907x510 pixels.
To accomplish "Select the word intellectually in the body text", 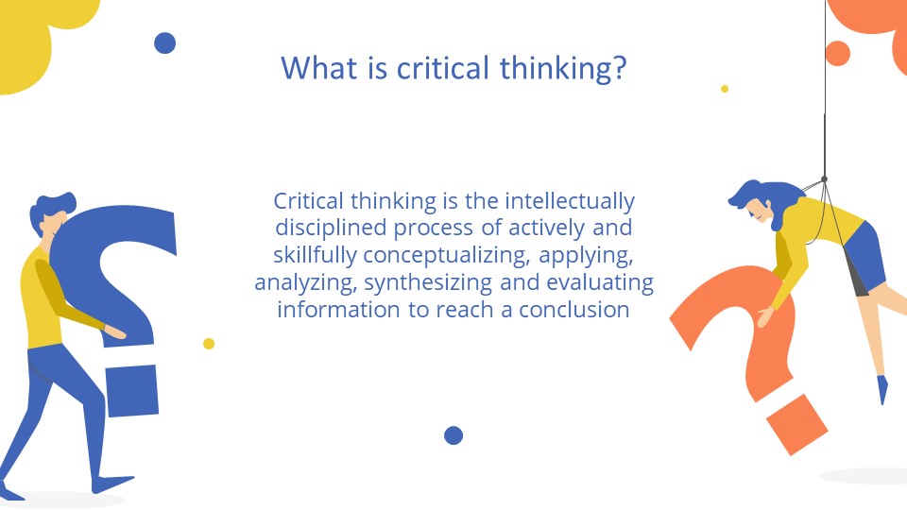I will (x=570, y=201).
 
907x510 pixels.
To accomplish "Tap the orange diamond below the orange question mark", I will (x=796, y=424).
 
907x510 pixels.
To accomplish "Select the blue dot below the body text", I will (x=453, y=435).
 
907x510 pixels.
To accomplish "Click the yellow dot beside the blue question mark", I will (x=209, y=344).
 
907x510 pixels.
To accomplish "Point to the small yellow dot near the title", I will (x=725, y=89).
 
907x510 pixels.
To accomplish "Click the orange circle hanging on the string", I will (x=837, y=53).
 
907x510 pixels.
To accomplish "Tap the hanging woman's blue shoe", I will (x=882, y=388).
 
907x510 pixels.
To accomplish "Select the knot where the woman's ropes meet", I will (x=824, y=178).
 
